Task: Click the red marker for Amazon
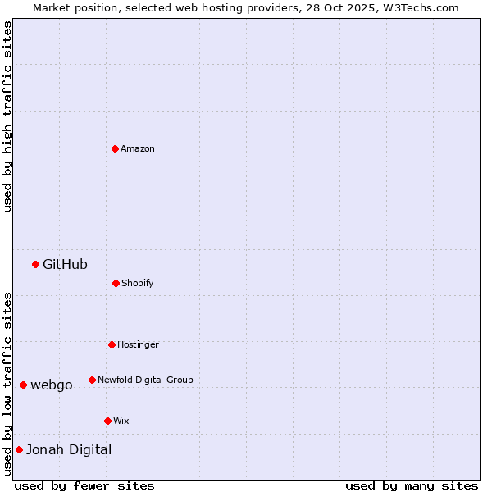[115, 148]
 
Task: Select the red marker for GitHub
[35, 264]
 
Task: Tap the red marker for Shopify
[116, 283]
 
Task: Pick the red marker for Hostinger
[112, 344]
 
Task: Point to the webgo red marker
[23, 385]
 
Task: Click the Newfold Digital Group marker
[92, 380]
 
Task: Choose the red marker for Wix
[107, 421]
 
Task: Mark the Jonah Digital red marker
[19, 449]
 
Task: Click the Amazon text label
[138, 148]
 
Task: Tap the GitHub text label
[65, 264]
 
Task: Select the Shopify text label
[138, 283]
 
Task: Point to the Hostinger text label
[138, 344]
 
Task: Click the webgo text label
[52, 385]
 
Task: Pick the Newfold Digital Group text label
[145, 380]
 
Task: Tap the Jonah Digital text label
[69, 449]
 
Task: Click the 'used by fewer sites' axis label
[84, 485]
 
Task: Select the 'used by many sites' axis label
[412, 485]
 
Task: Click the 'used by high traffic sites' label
[7, 116]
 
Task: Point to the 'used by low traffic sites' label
[7, 383]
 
